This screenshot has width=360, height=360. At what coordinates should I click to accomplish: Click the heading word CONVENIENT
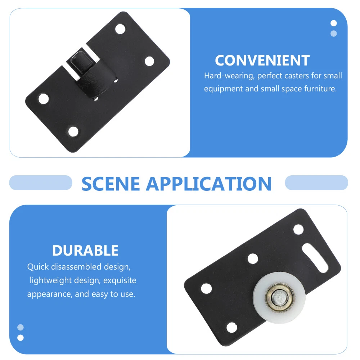(262, 60)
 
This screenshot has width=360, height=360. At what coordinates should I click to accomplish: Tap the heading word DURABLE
(85, 250)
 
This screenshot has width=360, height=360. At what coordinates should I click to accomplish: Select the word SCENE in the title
(111, 184)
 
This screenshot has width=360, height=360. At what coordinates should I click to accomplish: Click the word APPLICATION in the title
(209, 184)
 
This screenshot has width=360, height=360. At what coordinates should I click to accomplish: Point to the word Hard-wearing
(229, 76)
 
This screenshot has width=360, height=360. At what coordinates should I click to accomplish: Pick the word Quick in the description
(38, 267)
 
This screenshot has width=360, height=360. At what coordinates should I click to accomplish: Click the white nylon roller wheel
(279, 297)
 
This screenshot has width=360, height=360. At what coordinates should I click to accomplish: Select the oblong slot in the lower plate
(315, 258)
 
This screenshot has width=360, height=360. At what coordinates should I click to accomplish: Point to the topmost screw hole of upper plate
(120, 29)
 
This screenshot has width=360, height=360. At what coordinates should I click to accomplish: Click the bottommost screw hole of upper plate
(73, 131)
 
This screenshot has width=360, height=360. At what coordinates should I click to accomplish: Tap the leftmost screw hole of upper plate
(44, 99)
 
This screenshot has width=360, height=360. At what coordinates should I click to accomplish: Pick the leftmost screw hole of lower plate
(206, 288)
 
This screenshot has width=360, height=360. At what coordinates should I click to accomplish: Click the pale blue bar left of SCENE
(41, 183)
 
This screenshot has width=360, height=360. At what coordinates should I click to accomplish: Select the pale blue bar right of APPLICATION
(316, 183)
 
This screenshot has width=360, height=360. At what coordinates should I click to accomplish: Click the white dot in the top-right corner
(334, 23)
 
